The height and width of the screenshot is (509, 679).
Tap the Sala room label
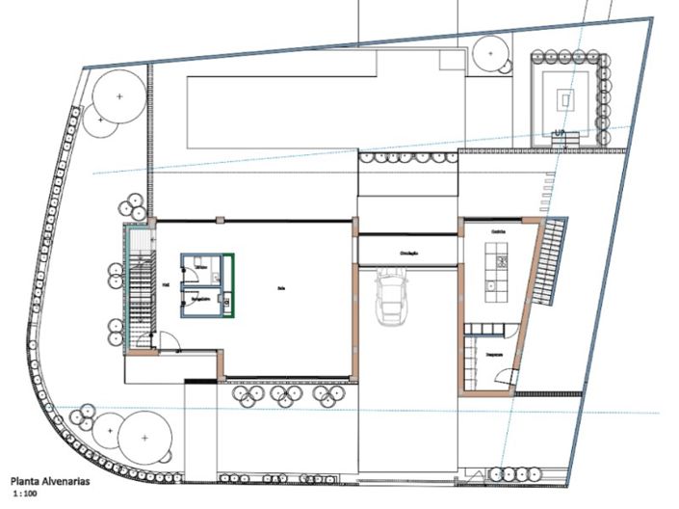(x=280, y=286)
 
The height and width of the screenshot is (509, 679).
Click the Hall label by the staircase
(x=167, y=285)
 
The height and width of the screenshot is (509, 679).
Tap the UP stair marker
(x=559, y=133)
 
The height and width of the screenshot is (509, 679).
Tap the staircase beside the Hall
(x=142, y=288)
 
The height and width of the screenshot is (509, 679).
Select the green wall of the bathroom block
(x=234, y=283)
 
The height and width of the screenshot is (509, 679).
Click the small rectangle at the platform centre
(x=565, y=96)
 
